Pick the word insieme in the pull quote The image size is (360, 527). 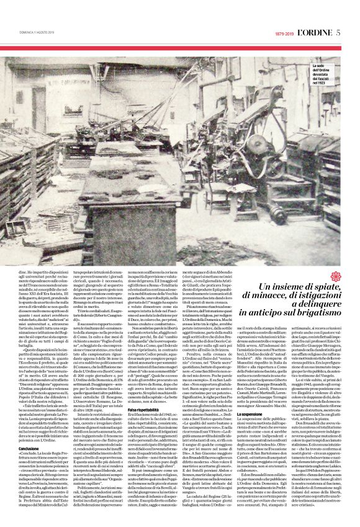coord(284,287)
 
